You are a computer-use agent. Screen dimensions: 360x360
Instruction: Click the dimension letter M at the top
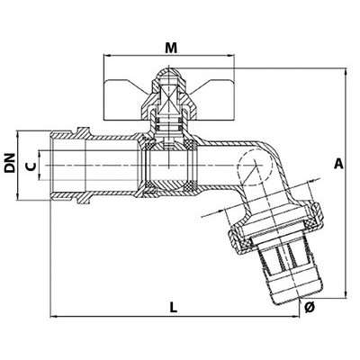(x=171, y=48)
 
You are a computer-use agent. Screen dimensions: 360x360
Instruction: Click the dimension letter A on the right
(x=338, y=164)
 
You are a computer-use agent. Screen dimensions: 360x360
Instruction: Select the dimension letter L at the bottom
(x=174, y=307)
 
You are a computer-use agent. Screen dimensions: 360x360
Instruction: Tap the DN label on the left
(x=10, y=163)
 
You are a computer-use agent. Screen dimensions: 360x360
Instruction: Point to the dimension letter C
(x=31, y=166)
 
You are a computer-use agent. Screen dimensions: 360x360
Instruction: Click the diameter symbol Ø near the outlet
(x=310, y=307)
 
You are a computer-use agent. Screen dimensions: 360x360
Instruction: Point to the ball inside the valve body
(x=169, y=166)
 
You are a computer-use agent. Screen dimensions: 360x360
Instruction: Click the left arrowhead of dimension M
(x=106, y=55)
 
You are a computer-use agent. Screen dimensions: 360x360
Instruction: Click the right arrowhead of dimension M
(x=231, y=55)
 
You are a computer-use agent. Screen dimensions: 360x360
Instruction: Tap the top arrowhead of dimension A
(x=346, y=71)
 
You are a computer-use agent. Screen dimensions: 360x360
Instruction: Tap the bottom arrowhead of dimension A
(x=346, y=295)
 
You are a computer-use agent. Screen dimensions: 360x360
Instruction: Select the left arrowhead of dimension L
(x=53, y=316)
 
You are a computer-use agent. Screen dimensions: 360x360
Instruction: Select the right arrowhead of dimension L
(x=296, y=316)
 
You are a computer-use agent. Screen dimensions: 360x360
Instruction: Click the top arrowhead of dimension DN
(x=18, y=133)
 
